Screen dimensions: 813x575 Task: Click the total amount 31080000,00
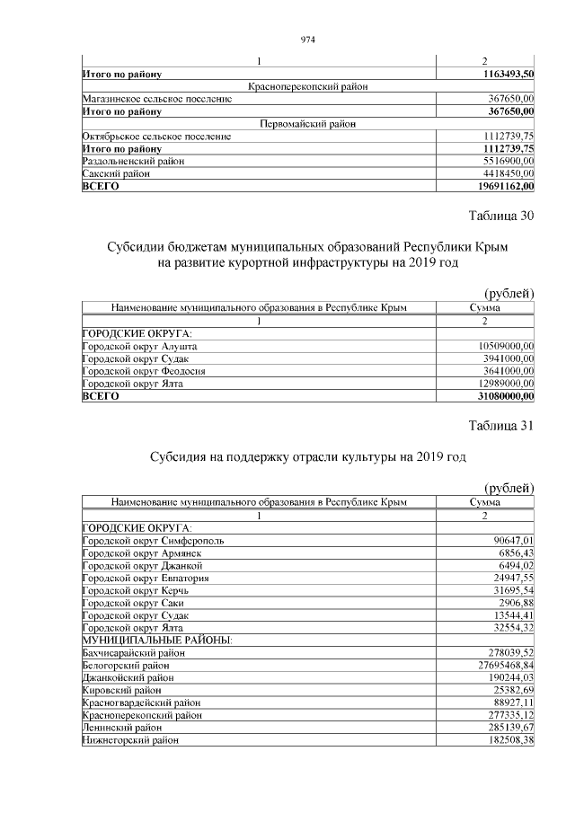(x=500, y=396)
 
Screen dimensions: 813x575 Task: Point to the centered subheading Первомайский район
(x=307, y=123)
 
